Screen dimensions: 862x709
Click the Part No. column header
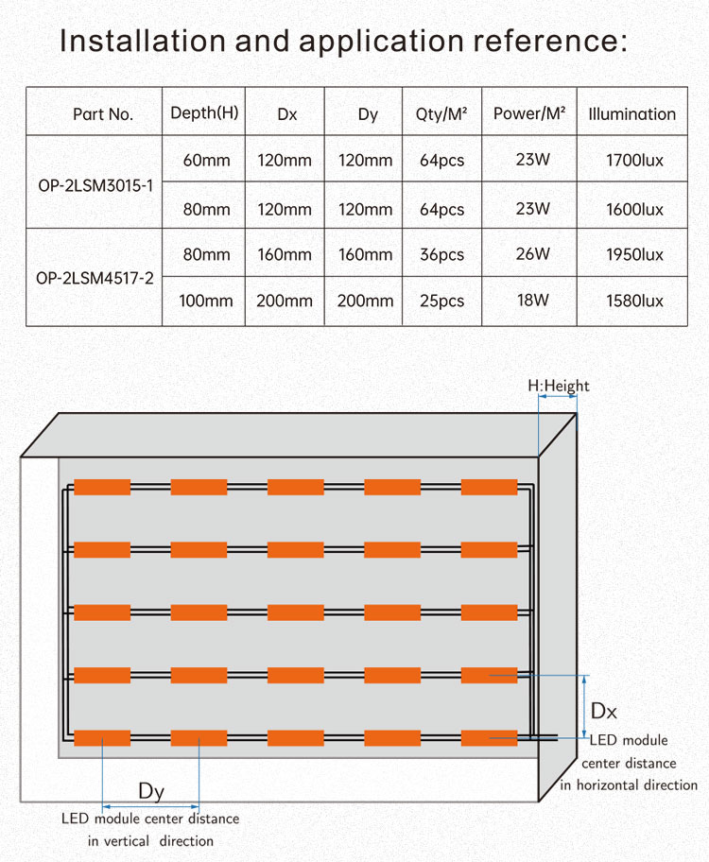(103, 114)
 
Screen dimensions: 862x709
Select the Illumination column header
(631, 114)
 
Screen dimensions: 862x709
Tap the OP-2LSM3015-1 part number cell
(94, 184)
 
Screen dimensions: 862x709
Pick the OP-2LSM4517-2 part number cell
(94, 278)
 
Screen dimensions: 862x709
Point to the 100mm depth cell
(205, 302)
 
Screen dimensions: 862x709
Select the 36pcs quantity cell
(441, 255)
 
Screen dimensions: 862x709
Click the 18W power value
(532, 301)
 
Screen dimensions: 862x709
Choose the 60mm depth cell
(206, 161)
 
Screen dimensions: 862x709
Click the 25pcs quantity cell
(441, 302)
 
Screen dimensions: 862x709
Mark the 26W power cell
(532, 254)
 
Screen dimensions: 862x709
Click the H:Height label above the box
(558, 386)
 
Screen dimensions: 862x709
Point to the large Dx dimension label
(603, 711)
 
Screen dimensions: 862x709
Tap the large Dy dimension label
(151, 791)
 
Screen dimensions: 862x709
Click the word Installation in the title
(142, 42)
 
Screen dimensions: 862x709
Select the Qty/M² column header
(441, 114)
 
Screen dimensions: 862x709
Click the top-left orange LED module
(102, 487)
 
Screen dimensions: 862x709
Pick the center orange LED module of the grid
(296, 612)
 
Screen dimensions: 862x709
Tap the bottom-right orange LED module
(489, 738)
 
